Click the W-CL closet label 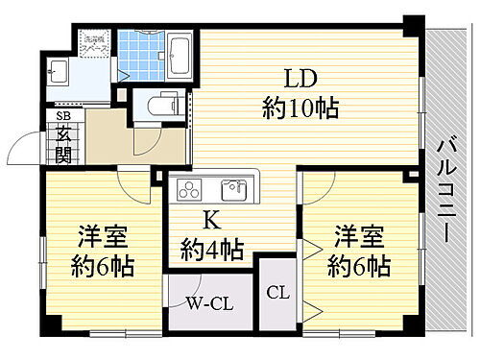(206, 306)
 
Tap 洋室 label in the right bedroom (357, 234)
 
